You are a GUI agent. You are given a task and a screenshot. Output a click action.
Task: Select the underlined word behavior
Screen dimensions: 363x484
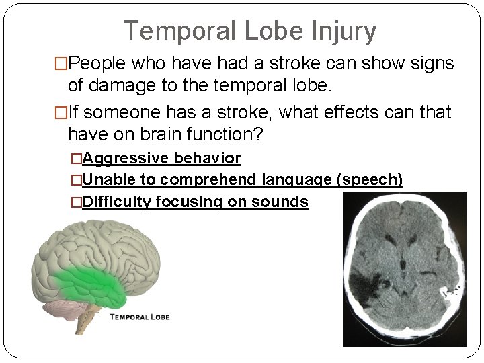coord(207,159)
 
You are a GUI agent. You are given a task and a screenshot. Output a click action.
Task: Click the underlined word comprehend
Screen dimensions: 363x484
coord(208,180)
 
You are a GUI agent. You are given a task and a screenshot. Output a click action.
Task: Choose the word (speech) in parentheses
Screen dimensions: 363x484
coord(370,180)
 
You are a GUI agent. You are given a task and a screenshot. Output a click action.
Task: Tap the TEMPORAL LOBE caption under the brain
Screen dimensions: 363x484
coord(139,317)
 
